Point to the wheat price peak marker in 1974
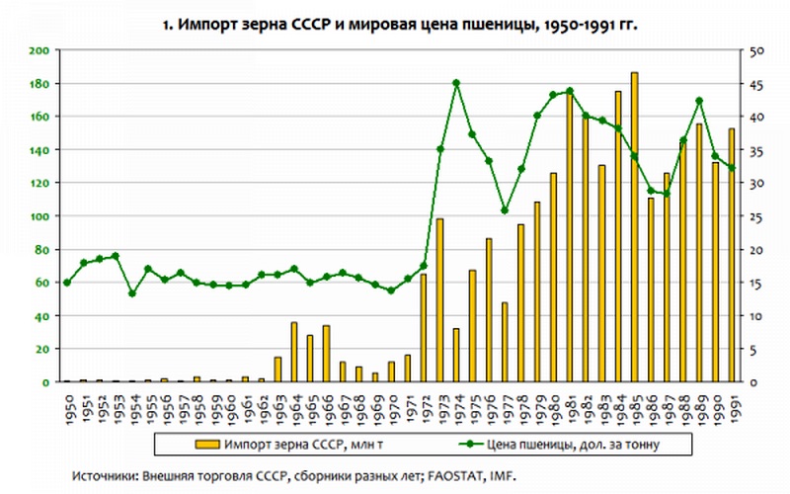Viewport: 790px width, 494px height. [456, 83]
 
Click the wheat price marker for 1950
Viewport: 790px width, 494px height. [67, 283]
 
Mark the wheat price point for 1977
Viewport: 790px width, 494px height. [505, 210]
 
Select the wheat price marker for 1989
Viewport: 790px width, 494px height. [699, 101]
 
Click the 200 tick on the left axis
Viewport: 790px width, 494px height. [41, 50]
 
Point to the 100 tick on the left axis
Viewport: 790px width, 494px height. [41, 216]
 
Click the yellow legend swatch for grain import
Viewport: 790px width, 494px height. [208, 444]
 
